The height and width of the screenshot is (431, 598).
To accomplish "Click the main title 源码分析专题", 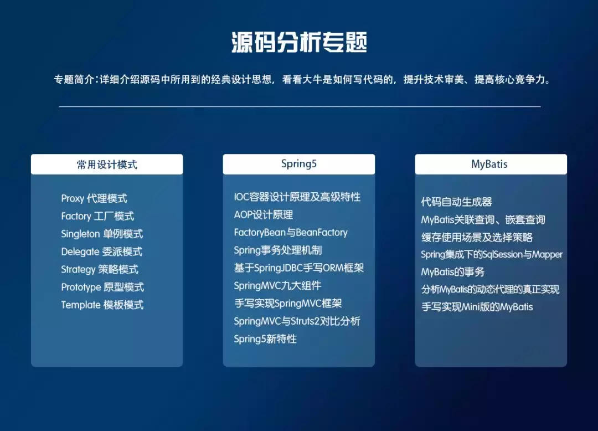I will [x=299, y=43].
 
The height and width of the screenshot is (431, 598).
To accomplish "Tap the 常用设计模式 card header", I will [x=107, y=165].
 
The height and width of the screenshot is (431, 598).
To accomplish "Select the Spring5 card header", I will [x=299, y=164].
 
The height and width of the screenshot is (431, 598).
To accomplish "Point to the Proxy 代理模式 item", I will [x=94, y=198].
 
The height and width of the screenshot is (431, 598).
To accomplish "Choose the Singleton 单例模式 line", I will [x=102, y=234].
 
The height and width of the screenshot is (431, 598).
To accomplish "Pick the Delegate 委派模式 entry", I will [x=101, y=252].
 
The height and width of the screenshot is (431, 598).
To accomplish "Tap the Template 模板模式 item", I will [x=102, y=305].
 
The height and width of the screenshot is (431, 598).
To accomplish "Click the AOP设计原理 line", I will [x=264, y=215].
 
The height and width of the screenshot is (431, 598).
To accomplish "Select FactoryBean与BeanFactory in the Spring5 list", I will [x=291, y=233].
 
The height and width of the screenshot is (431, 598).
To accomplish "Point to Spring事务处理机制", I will [x=278, y=250].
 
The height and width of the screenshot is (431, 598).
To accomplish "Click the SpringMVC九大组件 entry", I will [x=277, y=286].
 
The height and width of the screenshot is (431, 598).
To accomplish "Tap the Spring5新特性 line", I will [x=265, y=339].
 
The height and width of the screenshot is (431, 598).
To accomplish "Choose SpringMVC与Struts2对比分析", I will [x=297, y=321].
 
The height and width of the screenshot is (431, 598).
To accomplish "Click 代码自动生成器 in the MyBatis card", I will [x=457, y=202].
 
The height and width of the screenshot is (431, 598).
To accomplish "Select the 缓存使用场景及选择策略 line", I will [x=477, y=237].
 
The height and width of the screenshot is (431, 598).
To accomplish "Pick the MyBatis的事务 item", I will [x=453, y=272].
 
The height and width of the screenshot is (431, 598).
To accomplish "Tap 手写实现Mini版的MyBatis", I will [x=477, y=307].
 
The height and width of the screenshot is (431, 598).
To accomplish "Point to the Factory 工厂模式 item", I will [x=97, y=216].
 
